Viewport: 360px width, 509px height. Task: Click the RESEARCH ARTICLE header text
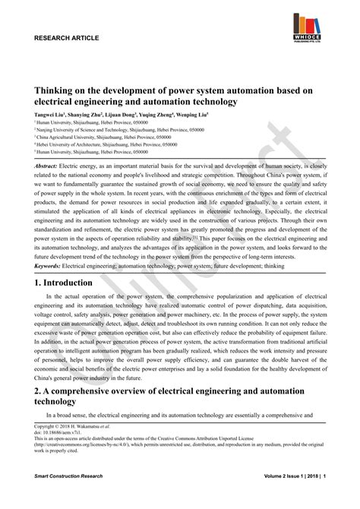pos(67,37)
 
